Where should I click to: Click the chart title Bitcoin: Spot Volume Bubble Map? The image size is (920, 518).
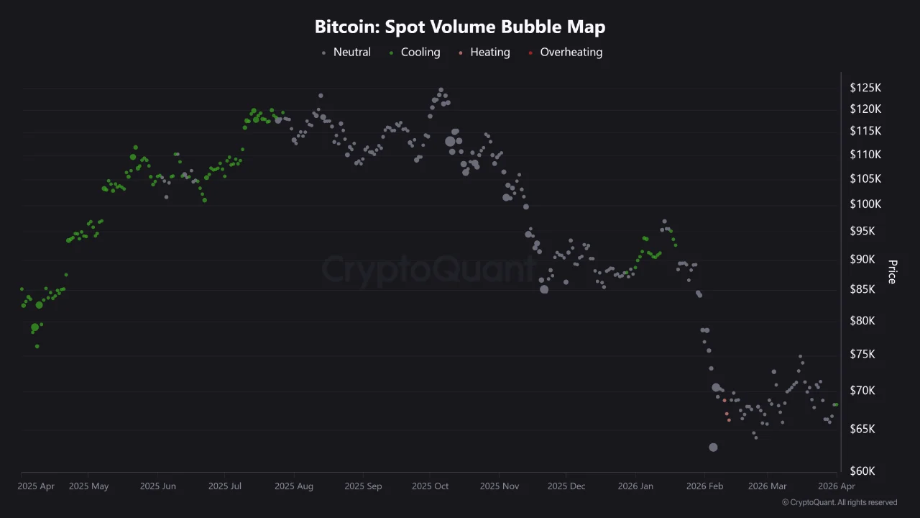tap(460, 27)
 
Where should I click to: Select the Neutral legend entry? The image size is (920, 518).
tap(351, 52)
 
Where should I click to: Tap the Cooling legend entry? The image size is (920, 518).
tap(420, 52)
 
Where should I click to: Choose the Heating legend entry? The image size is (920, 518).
tap(489, 52)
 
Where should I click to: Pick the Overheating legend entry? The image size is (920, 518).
tap(571, 52)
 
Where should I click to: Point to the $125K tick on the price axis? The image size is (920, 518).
tap(865, 88)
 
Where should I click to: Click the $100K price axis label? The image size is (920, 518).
tap(865, 204)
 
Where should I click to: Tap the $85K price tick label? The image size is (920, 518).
tap(865, 290)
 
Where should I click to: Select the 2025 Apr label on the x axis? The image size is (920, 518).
tap(36, 486)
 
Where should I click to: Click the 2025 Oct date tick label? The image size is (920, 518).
tap(430, 486)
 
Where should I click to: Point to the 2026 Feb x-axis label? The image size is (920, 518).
tap(704, 486)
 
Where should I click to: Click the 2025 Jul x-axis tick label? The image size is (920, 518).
tap(224, 486)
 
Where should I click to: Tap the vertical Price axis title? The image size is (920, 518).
tap(892, 272)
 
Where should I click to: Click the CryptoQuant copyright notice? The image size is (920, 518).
tap(839, 502)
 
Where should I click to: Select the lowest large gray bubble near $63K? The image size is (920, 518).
tap(713, 447)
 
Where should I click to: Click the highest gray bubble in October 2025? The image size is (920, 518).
tap(441, 90)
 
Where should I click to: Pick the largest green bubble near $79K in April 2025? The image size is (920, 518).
tap(34, 327)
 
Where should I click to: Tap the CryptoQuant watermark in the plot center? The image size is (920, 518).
tap(428, 269)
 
